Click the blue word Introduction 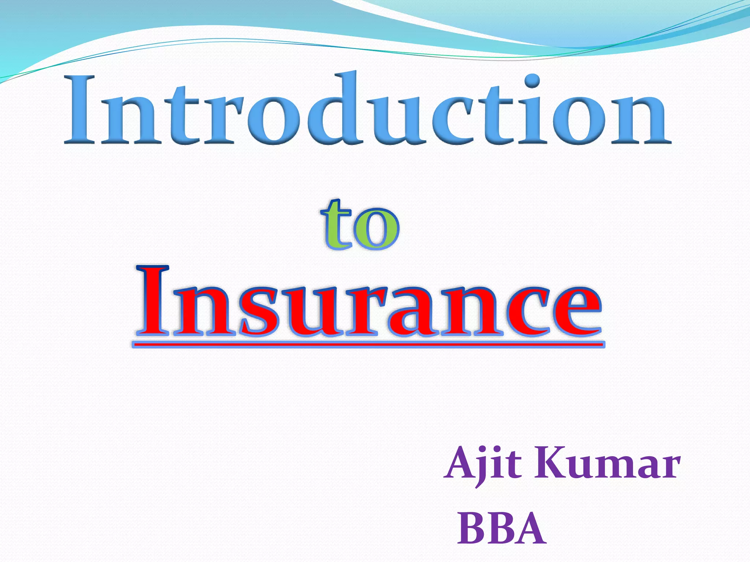coord(368,110)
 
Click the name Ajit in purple coord(482,465)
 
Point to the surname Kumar coord(606,465)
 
